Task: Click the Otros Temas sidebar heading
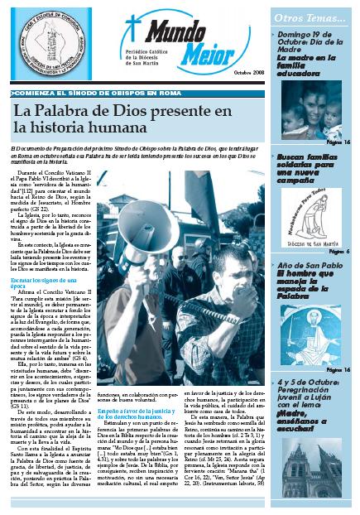click(315, 16)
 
